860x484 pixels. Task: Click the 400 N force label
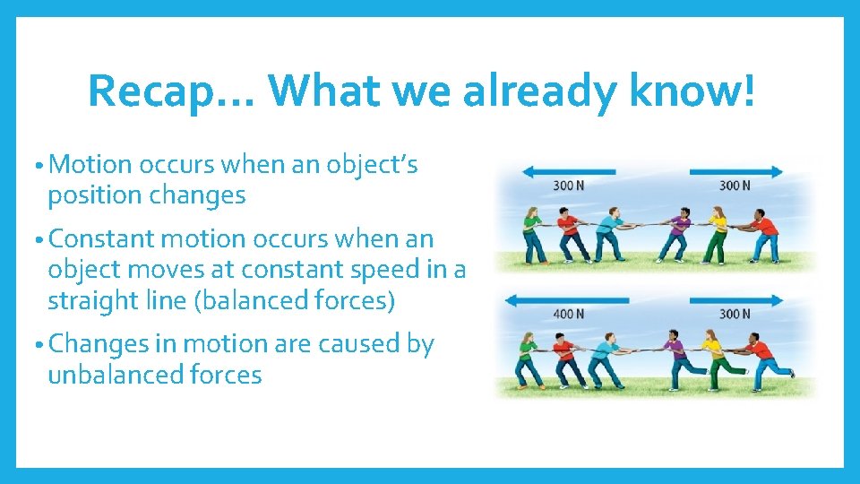567,314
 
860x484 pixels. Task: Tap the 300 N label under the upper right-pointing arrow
734,186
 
